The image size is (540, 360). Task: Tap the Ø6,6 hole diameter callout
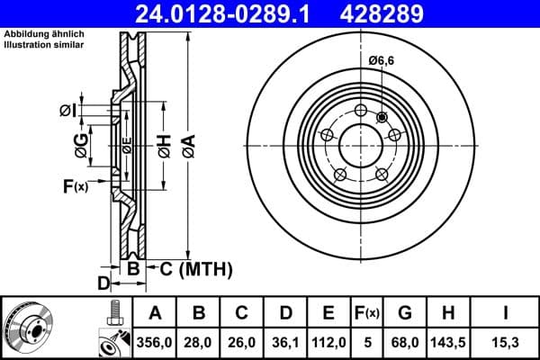[x=382, y=61]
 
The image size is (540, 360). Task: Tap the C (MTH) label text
[x=195, y=268]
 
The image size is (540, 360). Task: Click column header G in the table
[x=404, y=312]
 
